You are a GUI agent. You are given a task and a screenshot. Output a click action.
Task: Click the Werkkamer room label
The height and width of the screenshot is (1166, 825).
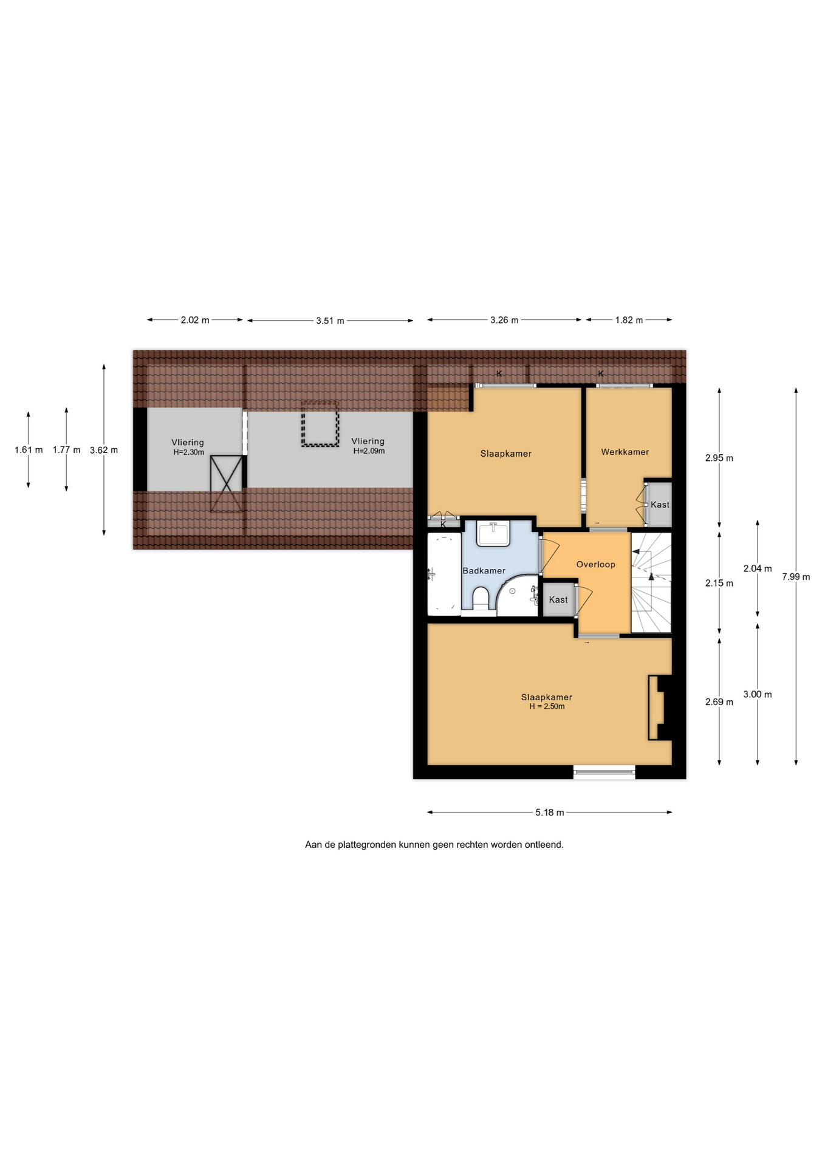pyautogui.click(x=625, y=452)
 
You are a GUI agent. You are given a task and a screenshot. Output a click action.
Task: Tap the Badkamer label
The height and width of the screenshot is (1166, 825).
pyautogui.click(x=484, y=571)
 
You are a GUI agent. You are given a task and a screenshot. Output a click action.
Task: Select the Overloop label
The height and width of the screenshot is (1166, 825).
pyautogui.click(x=595, y=564)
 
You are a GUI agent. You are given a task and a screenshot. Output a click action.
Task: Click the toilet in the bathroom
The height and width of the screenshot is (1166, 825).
pyautogui.click(x=480, y=597)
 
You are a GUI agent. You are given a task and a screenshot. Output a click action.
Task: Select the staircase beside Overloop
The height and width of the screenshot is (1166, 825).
pyautogui.click(x=651, y=583)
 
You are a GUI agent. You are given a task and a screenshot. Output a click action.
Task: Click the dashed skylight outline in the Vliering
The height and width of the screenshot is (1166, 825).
pyautogui.click(x=320, y=423)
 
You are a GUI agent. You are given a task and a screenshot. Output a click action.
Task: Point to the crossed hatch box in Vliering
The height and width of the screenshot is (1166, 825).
pyautogui.click(x=226, y=483)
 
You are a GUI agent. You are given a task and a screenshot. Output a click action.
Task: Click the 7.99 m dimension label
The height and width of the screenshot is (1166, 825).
pyautogui.click(x=796, y=577)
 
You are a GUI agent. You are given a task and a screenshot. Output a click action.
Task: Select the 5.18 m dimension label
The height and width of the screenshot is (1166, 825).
pyautogui.click(x=550, y=813)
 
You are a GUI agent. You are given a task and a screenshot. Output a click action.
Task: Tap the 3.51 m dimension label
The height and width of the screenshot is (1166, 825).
pyautogui.click(x=330, y=321)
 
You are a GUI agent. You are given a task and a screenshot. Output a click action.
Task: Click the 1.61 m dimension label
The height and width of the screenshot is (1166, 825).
pyautogui.click(x=29, y=450)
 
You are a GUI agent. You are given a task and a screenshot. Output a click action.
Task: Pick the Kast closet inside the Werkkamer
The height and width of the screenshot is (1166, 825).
pyautogui.click(x=659, y=505)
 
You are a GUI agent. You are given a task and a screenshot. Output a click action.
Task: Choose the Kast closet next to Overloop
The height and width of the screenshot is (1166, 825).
pyautogui.click(x=558, y=599)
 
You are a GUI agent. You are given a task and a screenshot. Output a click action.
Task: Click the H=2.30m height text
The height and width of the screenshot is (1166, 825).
pyautogui.click(x=189, y=452)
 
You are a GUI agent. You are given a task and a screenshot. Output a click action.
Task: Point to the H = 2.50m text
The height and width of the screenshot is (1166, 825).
pyautogui.click(x=547, y=707)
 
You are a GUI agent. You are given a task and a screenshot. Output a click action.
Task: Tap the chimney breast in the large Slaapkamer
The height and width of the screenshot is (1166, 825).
pyautogui.click(x=660, y=708)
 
